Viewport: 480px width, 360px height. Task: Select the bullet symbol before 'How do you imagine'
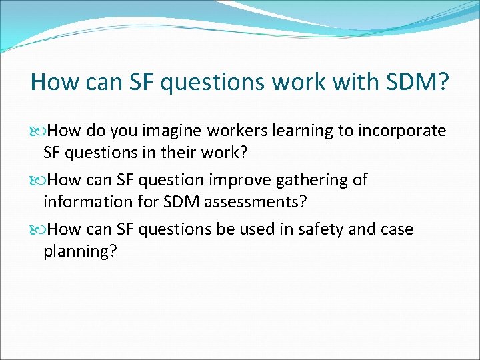coord(38,131)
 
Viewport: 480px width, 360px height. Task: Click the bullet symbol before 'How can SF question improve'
coord(38,180)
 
